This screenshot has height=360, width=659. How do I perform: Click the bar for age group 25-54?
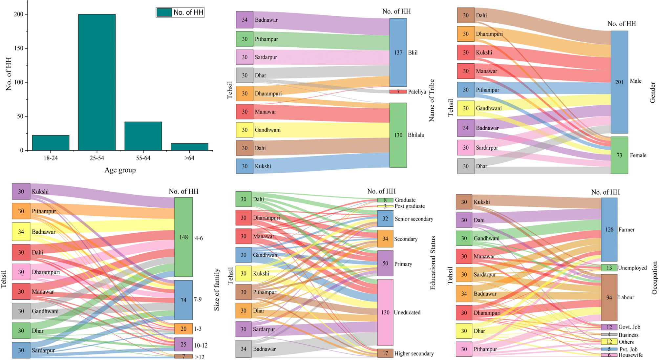[97, 82]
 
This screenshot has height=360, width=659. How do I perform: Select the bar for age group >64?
[189, 147]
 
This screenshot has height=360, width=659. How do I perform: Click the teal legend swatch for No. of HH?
[164, 12]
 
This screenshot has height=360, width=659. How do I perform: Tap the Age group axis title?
[120, 170]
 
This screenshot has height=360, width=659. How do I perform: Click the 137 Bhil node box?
[398, 53]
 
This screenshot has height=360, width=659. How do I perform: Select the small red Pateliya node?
[398, 92]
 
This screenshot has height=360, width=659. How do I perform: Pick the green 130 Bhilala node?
[398, 135]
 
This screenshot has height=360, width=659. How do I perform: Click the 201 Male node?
[619, 82]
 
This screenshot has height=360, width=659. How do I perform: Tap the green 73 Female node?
[619, 155]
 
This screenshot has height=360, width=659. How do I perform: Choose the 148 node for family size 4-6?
[183, 237]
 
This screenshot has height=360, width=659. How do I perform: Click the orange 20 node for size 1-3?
[183, 328]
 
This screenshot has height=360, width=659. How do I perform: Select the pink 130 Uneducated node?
[385, 312]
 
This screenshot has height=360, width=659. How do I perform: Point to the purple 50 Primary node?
[385, 263]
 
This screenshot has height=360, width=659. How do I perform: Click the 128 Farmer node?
[609, 229]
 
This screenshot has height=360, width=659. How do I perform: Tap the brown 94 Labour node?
[609, 297]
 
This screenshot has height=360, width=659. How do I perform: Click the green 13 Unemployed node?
[609, 268]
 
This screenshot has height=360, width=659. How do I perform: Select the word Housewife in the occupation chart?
[630, 355]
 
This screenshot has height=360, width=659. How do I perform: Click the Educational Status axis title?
[433, 263]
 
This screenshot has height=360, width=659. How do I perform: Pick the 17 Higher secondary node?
[385, 353]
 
